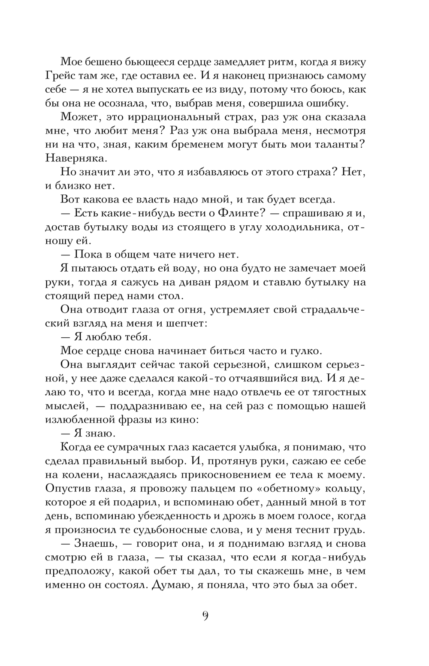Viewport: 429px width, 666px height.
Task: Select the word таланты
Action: click(x=340, y=145)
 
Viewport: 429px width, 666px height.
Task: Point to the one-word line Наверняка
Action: click(x=75, y=158)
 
